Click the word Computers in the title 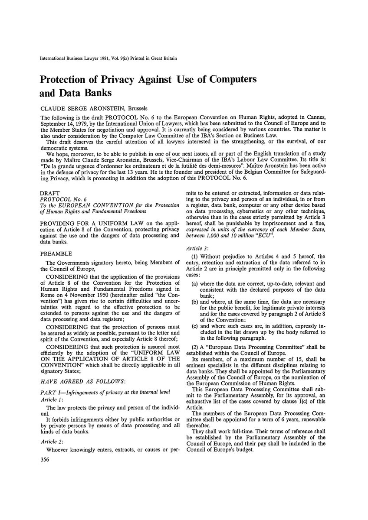pyautogui.click(x=224, y=80)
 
